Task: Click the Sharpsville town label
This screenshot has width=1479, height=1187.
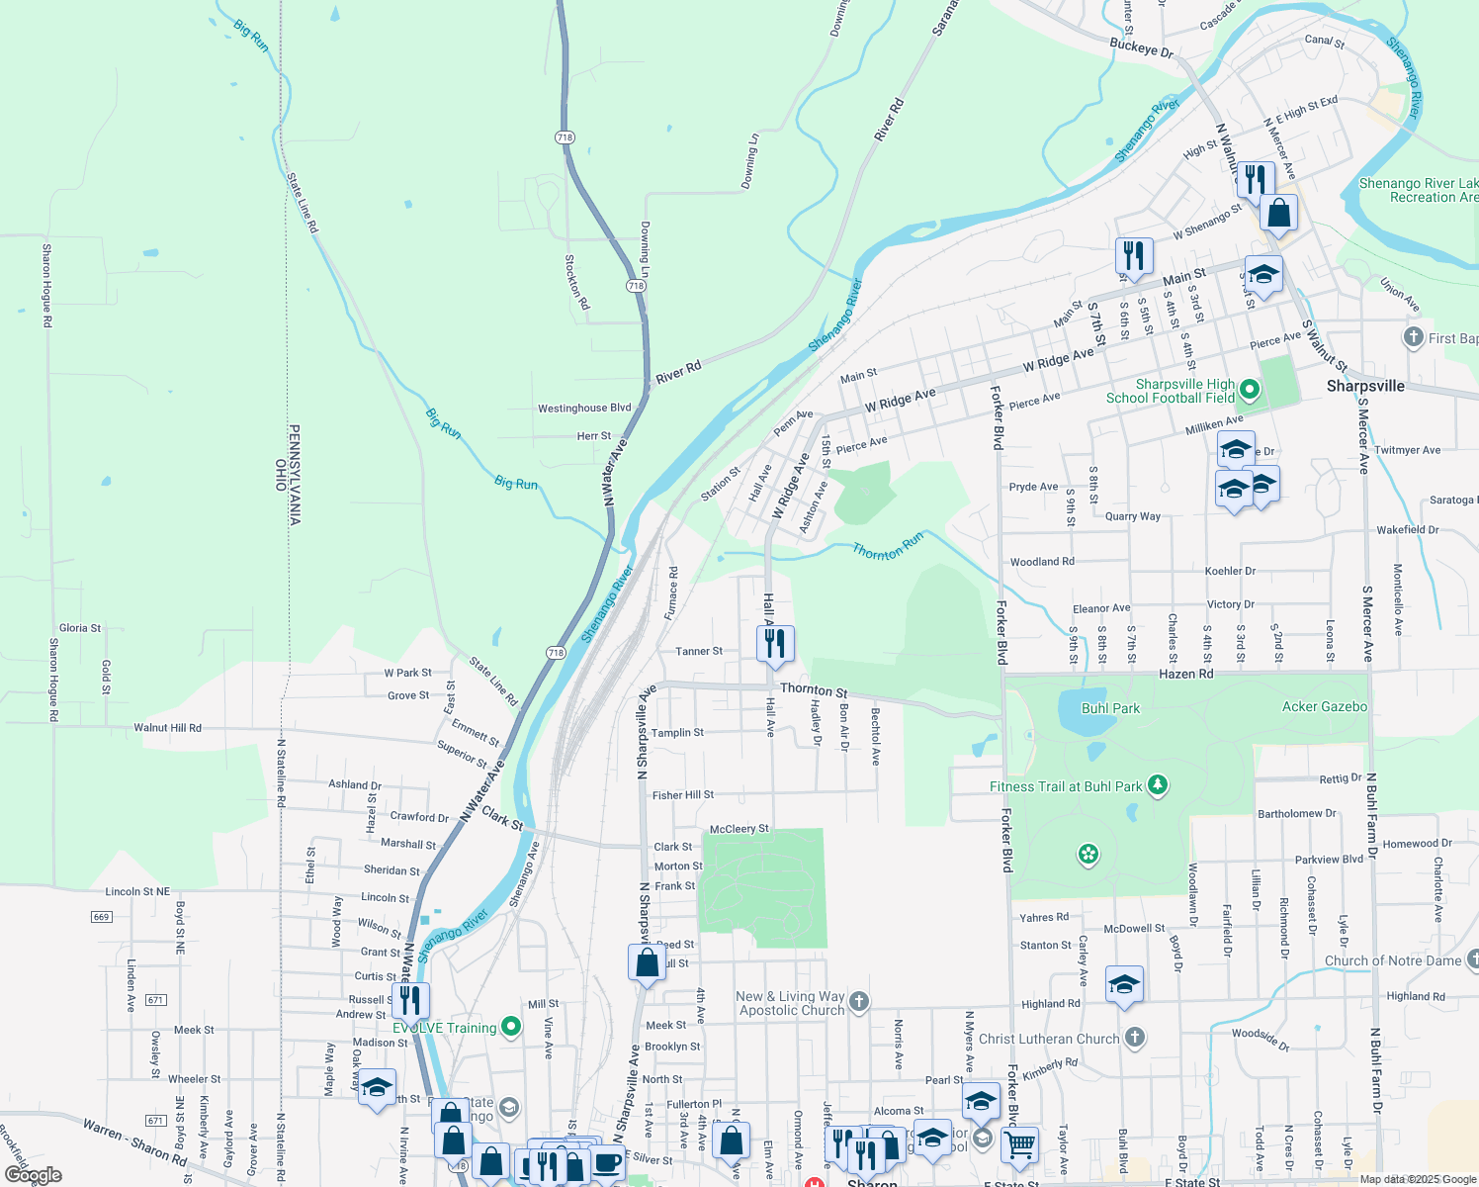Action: pyautogui.click(x=1364, y=386)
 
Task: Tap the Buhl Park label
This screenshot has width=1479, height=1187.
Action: pyautogui.click(x=1110, y=708)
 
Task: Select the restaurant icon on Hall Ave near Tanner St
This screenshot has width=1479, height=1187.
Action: pyautogui.click(x=775, y=643)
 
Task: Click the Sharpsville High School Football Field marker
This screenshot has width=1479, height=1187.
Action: pyautogui.click(x=1249, y=390)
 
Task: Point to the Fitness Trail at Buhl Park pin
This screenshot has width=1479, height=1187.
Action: pyautogui.click(x=1158, y=785)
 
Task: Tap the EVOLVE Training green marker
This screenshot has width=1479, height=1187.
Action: pyautogui.click(x=510, y=1027)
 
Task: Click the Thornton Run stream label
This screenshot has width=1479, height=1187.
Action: pyautogui.click(x=888, y=546)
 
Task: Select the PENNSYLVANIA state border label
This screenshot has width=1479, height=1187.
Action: pyautogui.click(x=294, y=475)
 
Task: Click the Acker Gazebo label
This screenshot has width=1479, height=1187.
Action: pyautogui.click(x=1324, y=706)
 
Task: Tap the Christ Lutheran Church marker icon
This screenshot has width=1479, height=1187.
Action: pyautogui.click(x=1135, y=1037)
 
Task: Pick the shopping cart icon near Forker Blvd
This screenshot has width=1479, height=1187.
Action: pyautogui.click(x=1019, y=1144)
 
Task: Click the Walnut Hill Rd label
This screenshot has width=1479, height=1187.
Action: pyautogui.click(x=167, y=728)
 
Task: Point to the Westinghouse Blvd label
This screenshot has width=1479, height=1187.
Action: pyautogui.click(x=583, y=408)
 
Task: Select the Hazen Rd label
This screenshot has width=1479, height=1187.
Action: pyautogui.click(x=1185, y=674)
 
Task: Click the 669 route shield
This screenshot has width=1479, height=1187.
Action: pyautogui.click(x=102, y=917)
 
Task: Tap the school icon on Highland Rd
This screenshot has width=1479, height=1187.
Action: pyautogui.click(x=1124, y=984)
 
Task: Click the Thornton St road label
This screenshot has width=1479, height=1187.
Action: pyautogui.click(x=813, y=690)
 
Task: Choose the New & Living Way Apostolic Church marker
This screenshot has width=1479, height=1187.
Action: pyautogui.click(x=859, y=1001)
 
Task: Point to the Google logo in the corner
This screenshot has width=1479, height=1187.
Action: pyautogui.click(x=34, y=1175)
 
